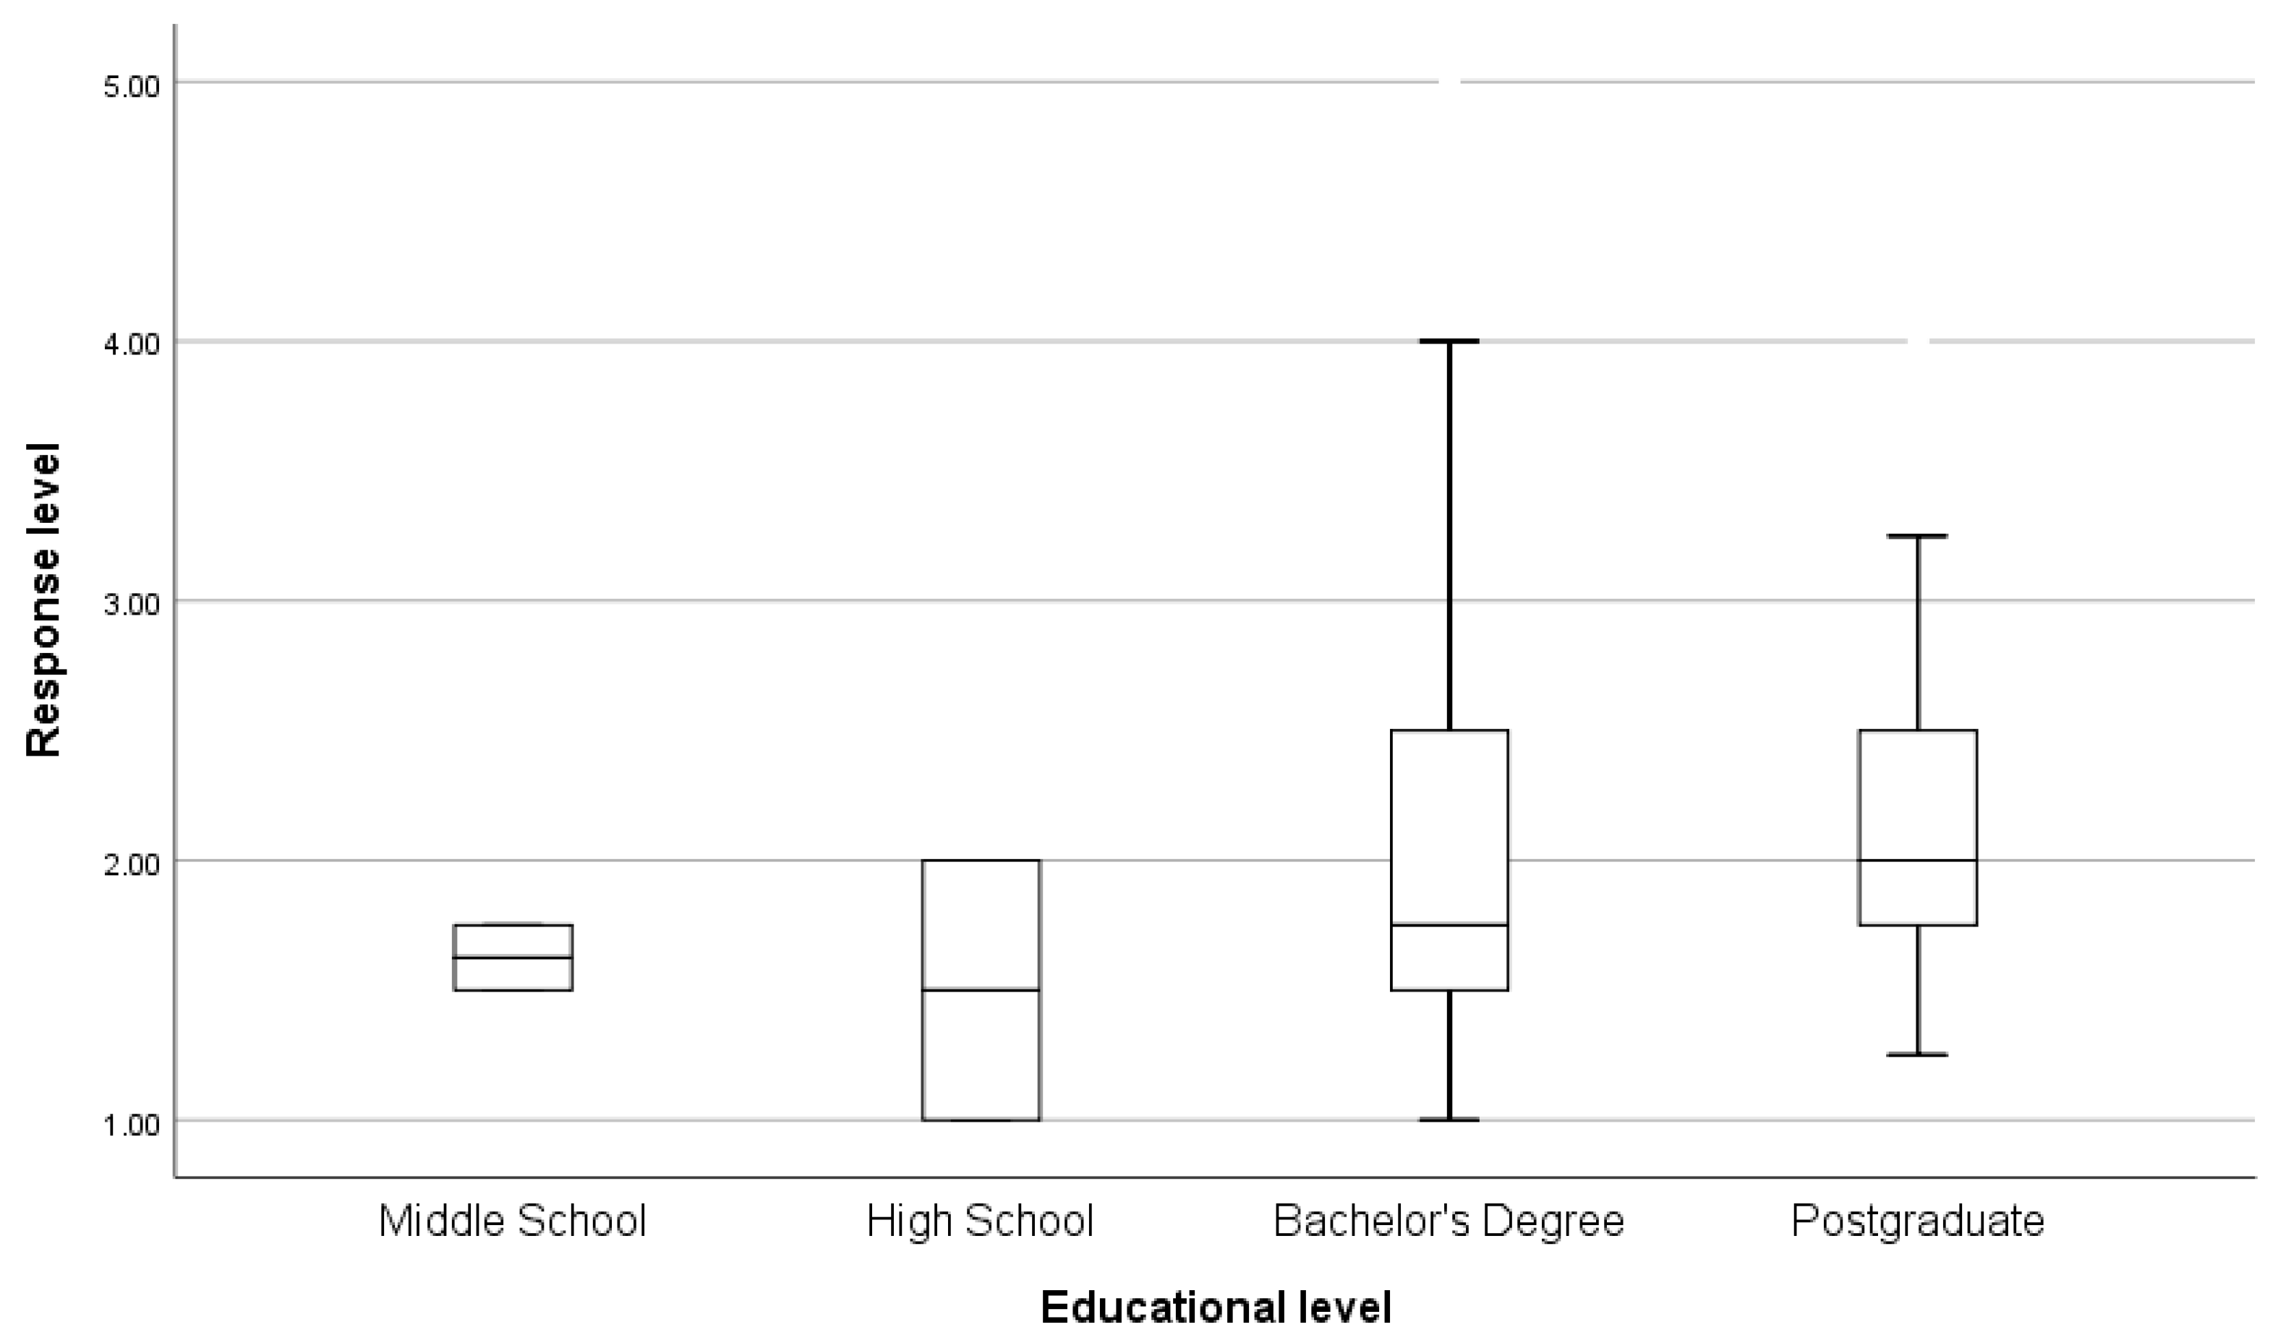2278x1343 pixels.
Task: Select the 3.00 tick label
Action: (131, 605)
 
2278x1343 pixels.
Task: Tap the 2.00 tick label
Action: (131, 864)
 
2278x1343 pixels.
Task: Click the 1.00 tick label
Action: (131, 1125)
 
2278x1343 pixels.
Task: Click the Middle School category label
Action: (512, 1222)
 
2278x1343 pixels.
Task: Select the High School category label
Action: (980, 1222)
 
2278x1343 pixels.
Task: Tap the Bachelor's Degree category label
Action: (1449, 1222)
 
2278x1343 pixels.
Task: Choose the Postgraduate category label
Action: (1917, 1222)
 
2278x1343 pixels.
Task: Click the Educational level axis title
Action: (1215, 1308)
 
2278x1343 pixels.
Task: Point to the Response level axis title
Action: (43, 600)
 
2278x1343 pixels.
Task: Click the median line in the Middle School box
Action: (512, 958)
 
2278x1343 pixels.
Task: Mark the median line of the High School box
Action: (981, 990)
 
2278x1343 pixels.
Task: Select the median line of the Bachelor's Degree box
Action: (1449, 925)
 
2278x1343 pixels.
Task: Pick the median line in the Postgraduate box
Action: (1917, 860)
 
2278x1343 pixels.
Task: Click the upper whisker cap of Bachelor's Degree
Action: (1449, 341)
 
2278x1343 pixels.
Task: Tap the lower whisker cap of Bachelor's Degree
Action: (1449, 1120)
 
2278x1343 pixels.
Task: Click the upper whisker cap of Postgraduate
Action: (1917, 536)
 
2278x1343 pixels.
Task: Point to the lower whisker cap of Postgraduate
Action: (1917, 1054)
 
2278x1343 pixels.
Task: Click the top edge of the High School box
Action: (981, 860)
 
